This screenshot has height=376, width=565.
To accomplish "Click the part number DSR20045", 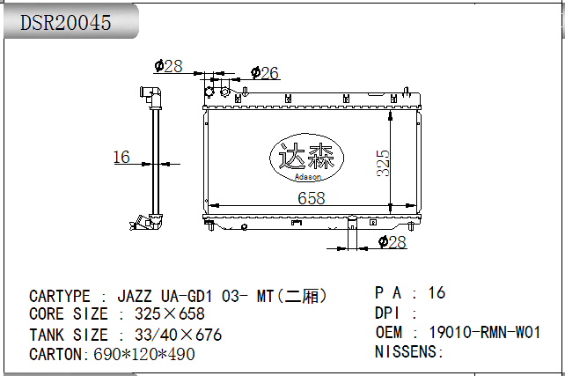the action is coord(65,23).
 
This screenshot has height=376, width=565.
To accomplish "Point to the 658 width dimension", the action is coord(312,198).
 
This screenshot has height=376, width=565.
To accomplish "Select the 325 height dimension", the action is coord(383,163).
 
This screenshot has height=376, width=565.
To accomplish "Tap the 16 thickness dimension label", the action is coord(121,157).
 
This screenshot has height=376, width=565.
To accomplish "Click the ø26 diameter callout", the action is coord(265,73).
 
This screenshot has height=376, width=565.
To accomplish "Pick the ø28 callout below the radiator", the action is coord(393,242).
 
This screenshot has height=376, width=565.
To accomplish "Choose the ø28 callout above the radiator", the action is coord(168,66).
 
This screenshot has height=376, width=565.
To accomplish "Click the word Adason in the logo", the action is coord(307,177).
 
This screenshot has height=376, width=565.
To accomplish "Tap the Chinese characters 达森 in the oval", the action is coord(306,155).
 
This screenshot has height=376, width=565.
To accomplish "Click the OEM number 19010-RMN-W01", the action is coord(485,332).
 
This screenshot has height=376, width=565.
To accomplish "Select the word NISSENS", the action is coord(406,351).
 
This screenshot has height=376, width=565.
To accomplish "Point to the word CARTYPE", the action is coord(60,297).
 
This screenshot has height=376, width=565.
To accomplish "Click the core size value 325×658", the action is coord(170,313).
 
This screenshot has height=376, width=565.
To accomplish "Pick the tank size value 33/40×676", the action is coord(178,335).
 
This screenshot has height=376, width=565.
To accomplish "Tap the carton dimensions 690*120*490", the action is coord(144,354).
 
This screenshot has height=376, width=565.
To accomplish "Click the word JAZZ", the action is coord(135,297).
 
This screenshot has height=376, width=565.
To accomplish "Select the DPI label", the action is coord(387,313).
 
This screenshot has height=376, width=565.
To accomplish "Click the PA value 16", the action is coord(437,292).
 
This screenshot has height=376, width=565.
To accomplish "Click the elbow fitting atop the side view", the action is coord(150,97).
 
